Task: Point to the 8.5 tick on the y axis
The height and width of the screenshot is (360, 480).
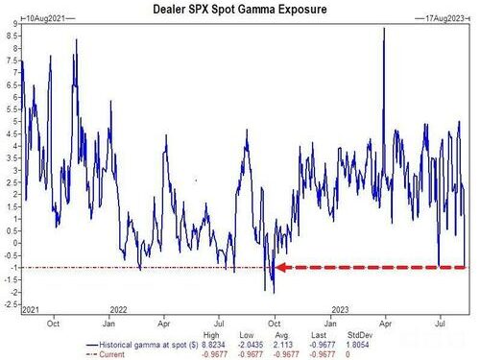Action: pos(11,36)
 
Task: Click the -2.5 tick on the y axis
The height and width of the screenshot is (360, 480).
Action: pos(9,305)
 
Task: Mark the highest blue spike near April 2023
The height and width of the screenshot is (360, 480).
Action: pos(383,29)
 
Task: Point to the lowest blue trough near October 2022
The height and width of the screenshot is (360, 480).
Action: pos(274,293)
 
